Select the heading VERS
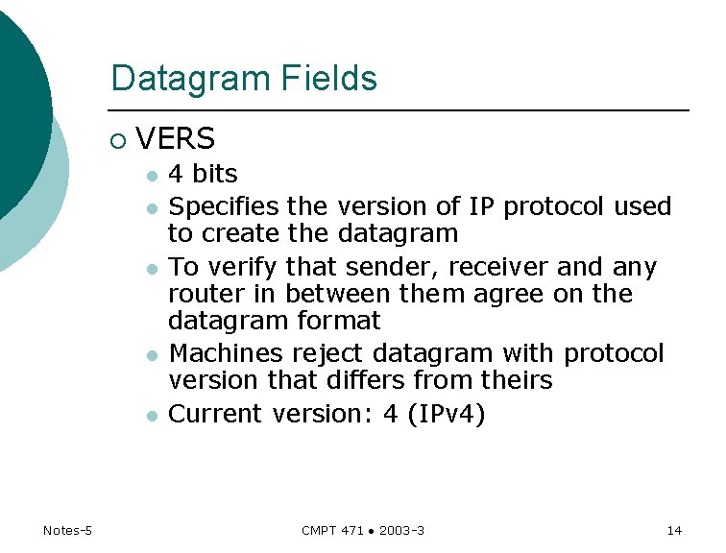[x=176, y=140]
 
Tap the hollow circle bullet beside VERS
[x=117, y=141]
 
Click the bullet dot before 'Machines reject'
[x=151, y=355]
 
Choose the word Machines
[x=227, y=353]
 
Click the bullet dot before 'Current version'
[x=151, y=416]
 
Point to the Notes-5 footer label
[x=67, y=530]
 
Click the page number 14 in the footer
[x=673, y=530]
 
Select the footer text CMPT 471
[x=330, y=530]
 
